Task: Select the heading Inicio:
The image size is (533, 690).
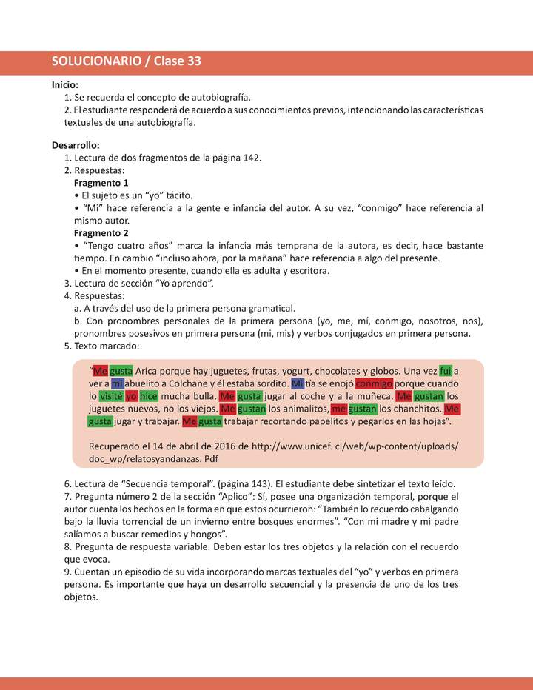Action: click(65, 85)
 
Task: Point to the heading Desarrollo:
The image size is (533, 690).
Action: click(76, 145)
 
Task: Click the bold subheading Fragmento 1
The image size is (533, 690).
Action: click(101, 183)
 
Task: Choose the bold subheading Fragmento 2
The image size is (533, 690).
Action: click(101, 232)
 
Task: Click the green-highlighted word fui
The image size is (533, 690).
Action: click(445, 371)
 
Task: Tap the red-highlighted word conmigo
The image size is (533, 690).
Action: click(373, 383)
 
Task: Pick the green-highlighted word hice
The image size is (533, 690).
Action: click(149, 396)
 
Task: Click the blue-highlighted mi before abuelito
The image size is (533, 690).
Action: click(118, 383)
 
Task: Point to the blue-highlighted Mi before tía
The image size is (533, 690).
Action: click(298, 383)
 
